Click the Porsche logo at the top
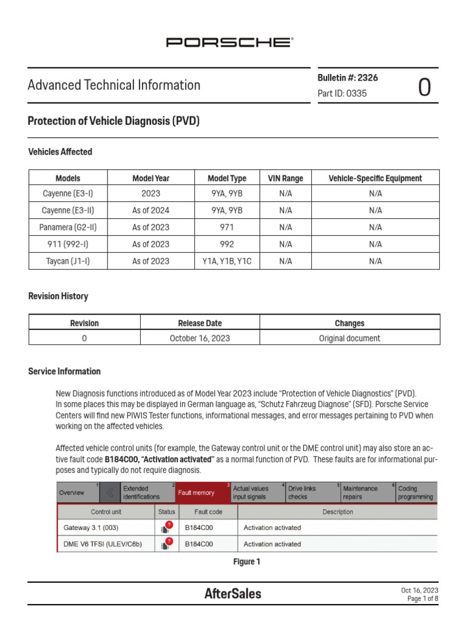coord(230,42)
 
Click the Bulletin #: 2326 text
coord(348,78)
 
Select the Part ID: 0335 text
coord(342,93)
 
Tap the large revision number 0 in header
coord(425,88)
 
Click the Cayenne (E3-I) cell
coord(68,193)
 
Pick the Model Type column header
coord(227,178)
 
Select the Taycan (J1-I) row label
coord(68,261)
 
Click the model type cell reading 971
coord(227,227)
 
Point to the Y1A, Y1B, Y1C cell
coord(227,261)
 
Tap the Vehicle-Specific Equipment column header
coord(375,178)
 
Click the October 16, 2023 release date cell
coord(200,338)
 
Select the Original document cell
coord(349,338)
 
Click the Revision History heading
coord(58,297)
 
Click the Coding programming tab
coord(416,492)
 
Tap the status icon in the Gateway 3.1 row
coord(166,528)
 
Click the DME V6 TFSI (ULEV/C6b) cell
coord(103,544)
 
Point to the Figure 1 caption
coord(247,562)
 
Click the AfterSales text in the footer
coord(233,594)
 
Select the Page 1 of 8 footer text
coord(422,599)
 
